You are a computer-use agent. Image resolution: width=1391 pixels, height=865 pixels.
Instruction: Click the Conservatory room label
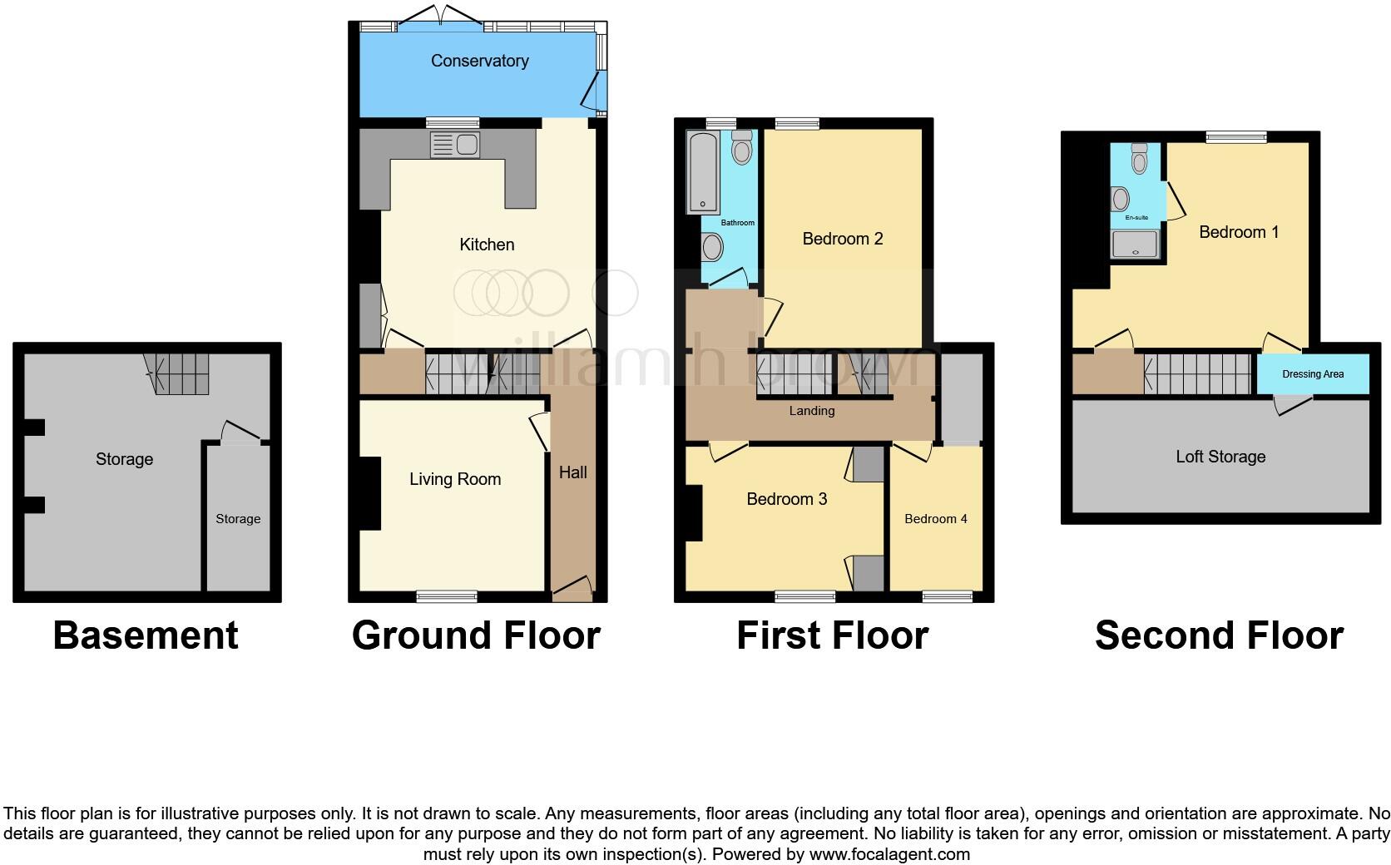coord(479,61)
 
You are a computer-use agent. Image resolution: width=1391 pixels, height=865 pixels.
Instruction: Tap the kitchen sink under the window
coord(454,146)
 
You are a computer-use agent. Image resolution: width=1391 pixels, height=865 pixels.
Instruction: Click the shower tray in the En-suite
coord(1136,244)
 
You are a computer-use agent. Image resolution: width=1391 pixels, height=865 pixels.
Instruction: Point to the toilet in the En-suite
coord(1140,158)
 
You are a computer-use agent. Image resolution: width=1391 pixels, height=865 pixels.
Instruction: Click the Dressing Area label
coord(1313,374)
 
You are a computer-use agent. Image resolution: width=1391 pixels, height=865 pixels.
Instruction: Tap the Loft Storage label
coord(1220,457)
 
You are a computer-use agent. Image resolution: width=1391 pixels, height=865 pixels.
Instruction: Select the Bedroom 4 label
coord(936,519)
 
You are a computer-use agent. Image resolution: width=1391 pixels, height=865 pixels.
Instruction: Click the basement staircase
coord(176,373)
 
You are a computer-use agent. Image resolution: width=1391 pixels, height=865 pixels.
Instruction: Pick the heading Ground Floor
coord(476,635)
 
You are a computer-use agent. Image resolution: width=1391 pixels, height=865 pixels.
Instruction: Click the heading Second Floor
coord(1219,635)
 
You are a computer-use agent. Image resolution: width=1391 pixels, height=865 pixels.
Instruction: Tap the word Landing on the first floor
coord(812,411)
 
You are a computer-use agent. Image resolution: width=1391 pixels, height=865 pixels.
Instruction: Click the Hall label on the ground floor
coord(572,472)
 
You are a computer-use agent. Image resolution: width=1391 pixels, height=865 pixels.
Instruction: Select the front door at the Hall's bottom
coord(572,589)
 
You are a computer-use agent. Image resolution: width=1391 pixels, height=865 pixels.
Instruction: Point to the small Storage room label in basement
coord(238,519)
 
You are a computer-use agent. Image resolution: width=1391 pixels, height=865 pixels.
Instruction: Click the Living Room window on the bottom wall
coord(447,596)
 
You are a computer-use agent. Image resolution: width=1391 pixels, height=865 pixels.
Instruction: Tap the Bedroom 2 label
coord(842,239)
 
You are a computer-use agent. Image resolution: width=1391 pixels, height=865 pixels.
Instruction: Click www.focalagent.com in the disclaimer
coord(889,854)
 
